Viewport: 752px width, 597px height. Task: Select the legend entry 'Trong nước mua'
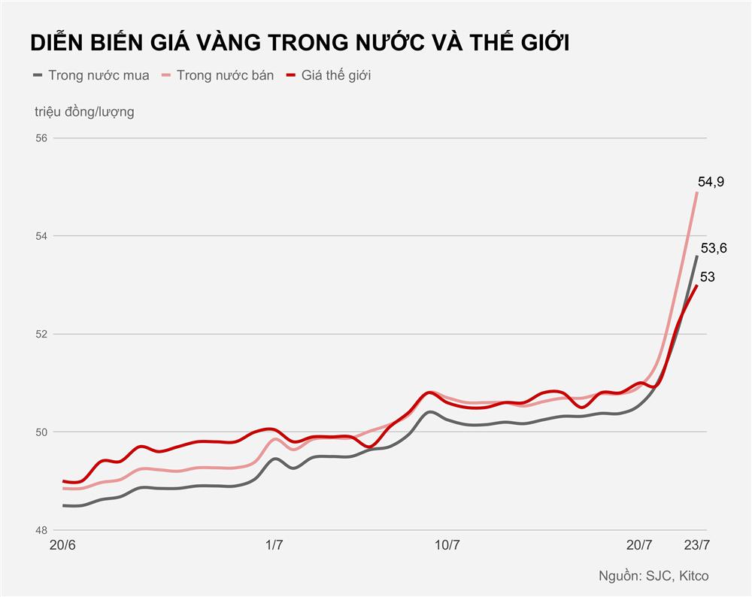pyautogui.click(x=99, y=75)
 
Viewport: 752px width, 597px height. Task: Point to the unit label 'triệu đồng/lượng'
pyautogui.click(x=84, y=112)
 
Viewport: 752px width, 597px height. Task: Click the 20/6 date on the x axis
pyautogui.click(x=62, y=545)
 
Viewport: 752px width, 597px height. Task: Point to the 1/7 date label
pyautogui.click(x=274, y=545)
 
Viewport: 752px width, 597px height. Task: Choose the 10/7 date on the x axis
pyautogui.click(x=447, y=545)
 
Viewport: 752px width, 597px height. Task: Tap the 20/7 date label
pyautogui.click(x=639, y=545)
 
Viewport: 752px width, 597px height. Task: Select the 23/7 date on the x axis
pyautogui.click(x=696, y=545)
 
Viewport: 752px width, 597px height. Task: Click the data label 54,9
pyautogui.click(x=711, y=181)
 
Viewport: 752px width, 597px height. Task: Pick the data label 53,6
pyautogui.click(x=714, y=247)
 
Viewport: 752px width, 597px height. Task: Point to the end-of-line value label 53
pyautogui.click(x=707, y=277)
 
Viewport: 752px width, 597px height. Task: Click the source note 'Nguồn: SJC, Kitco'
pyautogui.click(x=653, y=576)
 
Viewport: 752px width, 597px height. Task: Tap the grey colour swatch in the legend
pyautogui.click(x=38, y=75)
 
